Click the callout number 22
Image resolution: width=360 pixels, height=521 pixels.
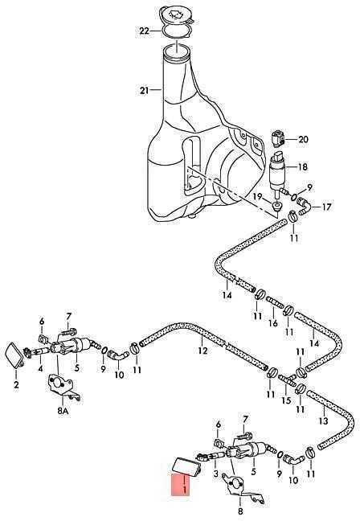(145, 31)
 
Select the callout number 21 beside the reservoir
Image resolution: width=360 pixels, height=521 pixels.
(144, 90)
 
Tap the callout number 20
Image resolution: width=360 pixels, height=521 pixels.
(303, 139)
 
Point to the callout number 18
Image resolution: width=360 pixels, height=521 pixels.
(303, 166)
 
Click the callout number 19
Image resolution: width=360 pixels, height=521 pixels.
(258, 197)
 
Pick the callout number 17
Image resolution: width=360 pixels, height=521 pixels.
(326, 207)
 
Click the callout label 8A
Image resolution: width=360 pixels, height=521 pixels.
(63, 411)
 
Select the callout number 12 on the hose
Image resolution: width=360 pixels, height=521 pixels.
(202, 351)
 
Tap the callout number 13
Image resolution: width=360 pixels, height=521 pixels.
(324, 420)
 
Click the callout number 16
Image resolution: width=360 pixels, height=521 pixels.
(273, 322)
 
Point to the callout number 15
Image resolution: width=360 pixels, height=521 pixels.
(286, 400)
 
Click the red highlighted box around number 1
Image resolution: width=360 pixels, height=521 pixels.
(180, 485)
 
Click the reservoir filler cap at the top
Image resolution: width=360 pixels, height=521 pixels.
(176, 16)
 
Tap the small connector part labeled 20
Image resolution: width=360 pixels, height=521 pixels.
(278, 139)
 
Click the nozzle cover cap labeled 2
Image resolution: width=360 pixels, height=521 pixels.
(14, 356)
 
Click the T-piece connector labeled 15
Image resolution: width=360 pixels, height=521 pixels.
(288, 379)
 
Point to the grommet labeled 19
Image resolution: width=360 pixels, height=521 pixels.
(277, 206)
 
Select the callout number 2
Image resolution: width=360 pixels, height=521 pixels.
(16, 385)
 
